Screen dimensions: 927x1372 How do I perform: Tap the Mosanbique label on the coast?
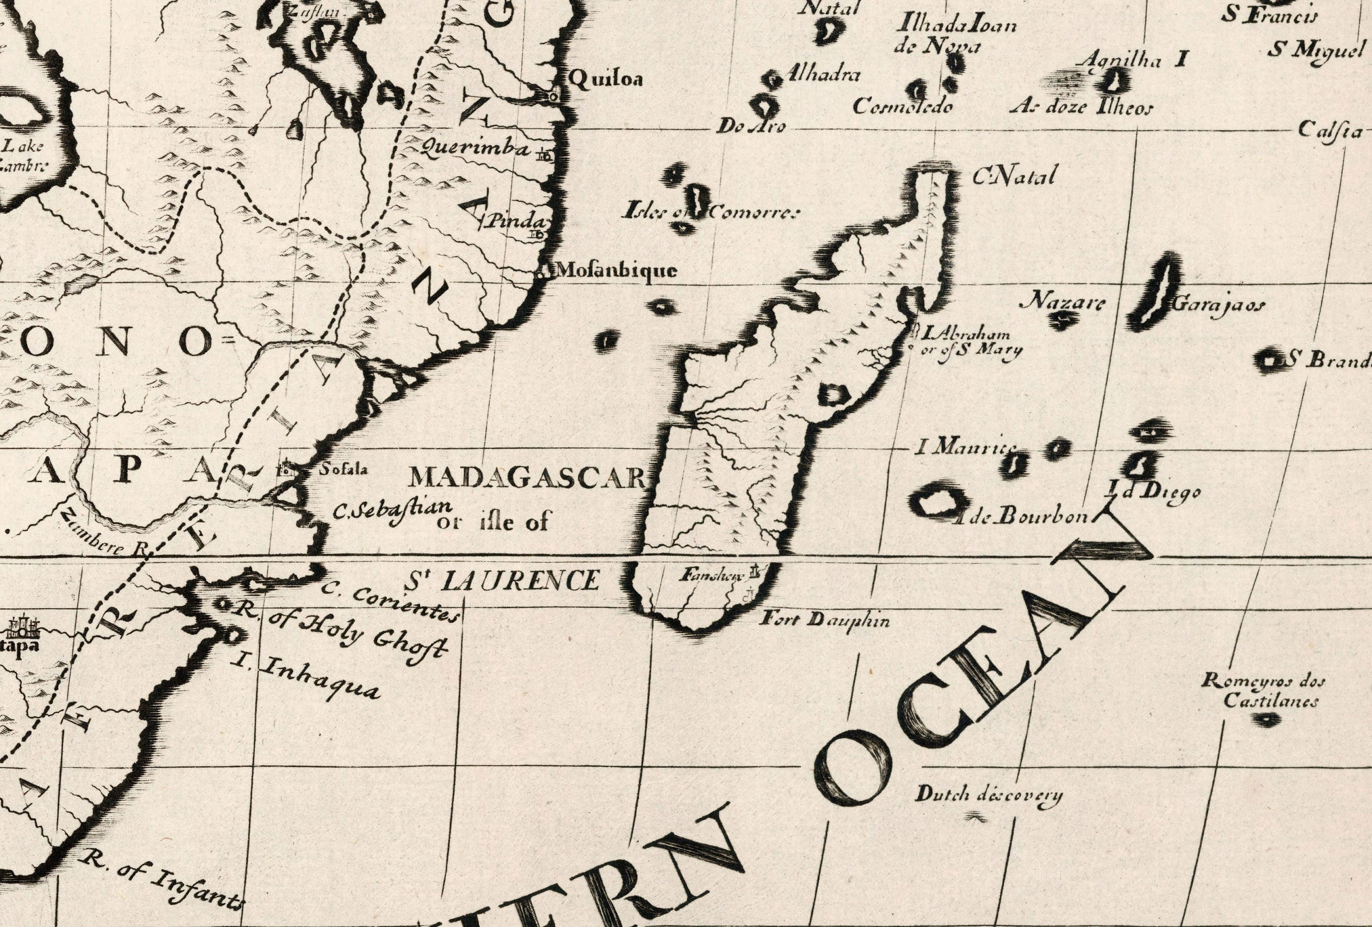click(x=617, y=271)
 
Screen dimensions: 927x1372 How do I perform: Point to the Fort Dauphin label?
click(x=824, y=619)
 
